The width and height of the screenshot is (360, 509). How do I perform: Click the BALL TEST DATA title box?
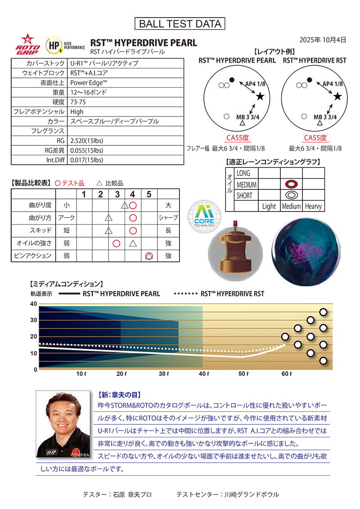click(x=180, y=24)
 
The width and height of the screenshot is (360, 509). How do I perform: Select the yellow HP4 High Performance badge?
click(x=55, y=45)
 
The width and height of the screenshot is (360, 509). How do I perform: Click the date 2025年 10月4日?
click(x=323, y=40)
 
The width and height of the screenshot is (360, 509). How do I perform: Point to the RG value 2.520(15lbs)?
click(x=86, y=140)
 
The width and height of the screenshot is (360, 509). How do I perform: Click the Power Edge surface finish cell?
click(x=89, y=82)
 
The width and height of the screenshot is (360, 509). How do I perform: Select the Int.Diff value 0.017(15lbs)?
click(x=86, y=160)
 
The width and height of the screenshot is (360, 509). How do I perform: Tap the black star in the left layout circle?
click(x=260, y=97)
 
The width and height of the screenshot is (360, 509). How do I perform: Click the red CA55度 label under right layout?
click(x=315, y=138)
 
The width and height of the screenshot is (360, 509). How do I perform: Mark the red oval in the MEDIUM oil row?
click(x=291, y=184)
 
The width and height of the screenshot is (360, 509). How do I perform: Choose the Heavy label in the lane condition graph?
click(x=313, y=206)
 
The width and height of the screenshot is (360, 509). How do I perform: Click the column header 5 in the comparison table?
click(x=149, y=194)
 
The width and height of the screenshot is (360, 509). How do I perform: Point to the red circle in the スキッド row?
click(x=133, y=231)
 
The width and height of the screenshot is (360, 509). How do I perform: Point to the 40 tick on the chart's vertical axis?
click(x=33, y=304)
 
